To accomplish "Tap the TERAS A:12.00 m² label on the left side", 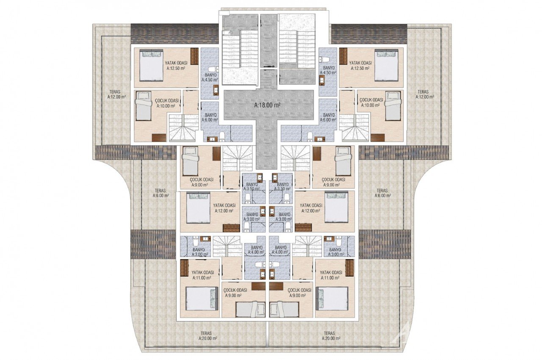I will (117, 94).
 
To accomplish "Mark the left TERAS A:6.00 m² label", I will (160, 193).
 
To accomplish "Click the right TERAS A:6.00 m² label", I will (382, 193).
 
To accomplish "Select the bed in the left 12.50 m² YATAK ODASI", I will (151, 65).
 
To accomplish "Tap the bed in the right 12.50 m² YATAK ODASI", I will (386, 65).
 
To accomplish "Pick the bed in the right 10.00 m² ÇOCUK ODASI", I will (393, 106).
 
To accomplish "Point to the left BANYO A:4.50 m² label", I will (209, 76).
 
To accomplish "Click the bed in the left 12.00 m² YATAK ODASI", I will (198, 207).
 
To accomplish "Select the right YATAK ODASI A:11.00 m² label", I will (331, 275).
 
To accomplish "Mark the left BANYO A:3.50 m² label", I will (254, 186).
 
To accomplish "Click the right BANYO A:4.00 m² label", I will (281, 250).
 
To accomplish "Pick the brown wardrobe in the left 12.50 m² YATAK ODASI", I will (194, 56).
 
